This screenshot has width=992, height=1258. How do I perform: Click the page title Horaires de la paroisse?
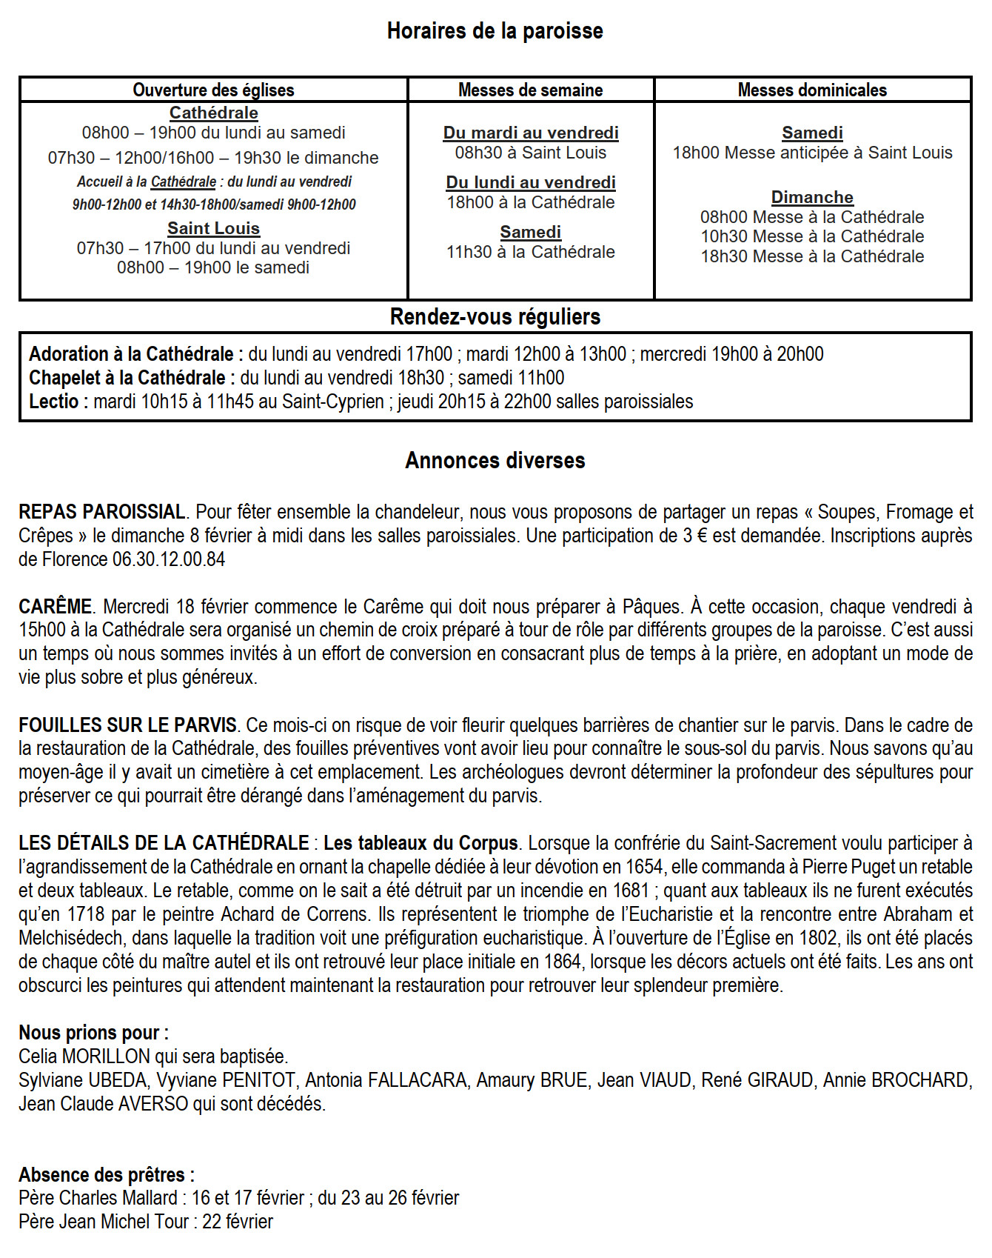click(x=495, y=31)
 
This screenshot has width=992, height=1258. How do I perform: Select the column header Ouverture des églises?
click(x=213, y=90)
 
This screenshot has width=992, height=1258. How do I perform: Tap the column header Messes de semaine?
click(x=530, y=90)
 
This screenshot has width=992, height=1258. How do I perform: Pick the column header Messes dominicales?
click(x=812, y=90)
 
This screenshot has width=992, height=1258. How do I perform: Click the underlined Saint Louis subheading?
click(x=213, y=228)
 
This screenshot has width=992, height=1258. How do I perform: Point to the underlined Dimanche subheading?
click(x=812, y=197)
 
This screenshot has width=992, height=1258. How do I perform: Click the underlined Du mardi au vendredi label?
click(x=531, y=133)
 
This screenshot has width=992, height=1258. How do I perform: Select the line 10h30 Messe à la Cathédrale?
click(x=812, y=236)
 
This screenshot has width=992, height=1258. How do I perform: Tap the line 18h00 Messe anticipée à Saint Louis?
click(x=812, y=153)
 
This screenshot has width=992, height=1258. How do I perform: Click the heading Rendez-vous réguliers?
click(x=495, y=317)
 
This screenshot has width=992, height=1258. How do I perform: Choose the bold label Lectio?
click(x=54, y=402)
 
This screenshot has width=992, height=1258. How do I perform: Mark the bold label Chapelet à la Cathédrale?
click(x=127, y=378)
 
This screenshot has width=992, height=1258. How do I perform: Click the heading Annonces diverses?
click(x=495, y=461)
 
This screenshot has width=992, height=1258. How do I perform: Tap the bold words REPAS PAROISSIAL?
click(x=102, y=512)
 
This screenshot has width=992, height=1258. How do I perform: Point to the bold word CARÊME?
click(x=55, y=607)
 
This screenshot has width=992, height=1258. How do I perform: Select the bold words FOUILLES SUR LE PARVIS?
click(x=127, y=725)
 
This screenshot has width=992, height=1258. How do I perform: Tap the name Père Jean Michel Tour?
click(x=104, y=1222)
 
